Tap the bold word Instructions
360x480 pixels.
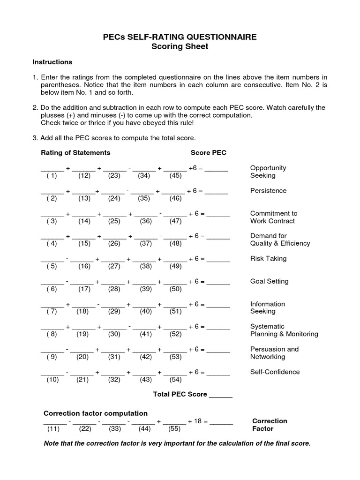[x=52, y=62]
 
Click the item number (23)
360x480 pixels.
[x=114, y=176]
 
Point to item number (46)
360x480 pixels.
[x=175, y=198]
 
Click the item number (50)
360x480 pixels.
[x=175, y=289]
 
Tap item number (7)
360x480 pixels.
[x=52, y=311]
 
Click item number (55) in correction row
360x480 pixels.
[x=174, y=428]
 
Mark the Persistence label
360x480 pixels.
[x=268, y=191]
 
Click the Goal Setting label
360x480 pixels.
[x=269, y=281]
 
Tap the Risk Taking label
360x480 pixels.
[x=268, y=258]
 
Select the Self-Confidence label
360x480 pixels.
[x=275, y=372]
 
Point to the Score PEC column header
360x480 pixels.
[x=208, y=152]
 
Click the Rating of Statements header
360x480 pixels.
[x=75, y=152]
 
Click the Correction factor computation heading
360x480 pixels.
[x=96, y=413]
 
